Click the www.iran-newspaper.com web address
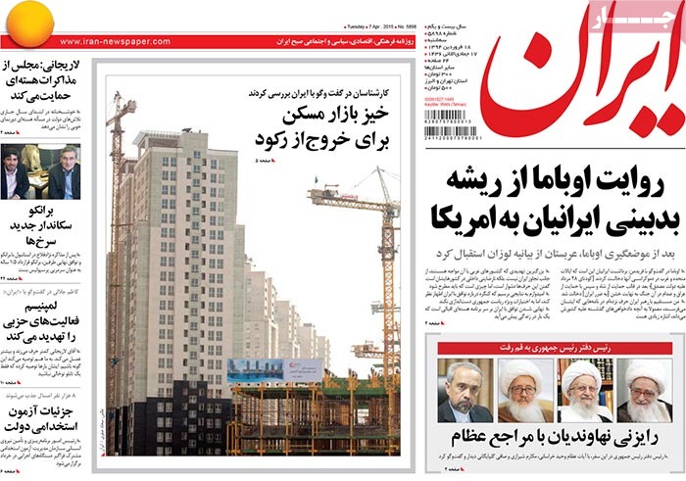(103, 42)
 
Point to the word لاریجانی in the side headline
(72, 65)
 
